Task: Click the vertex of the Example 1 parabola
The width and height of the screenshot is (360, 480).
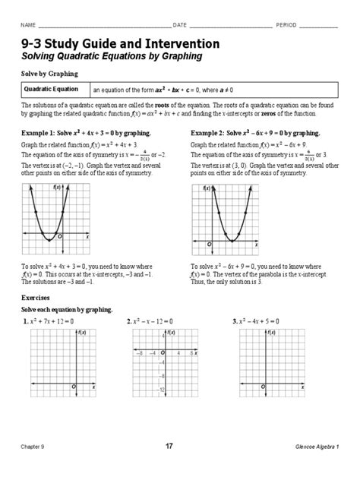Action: point(48,240)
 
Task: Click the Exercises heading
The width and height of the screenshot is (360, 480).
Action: point(37,298)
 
